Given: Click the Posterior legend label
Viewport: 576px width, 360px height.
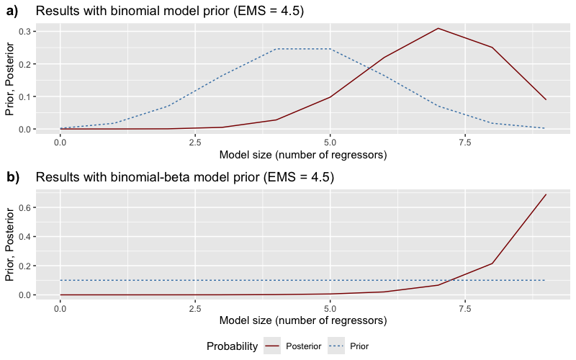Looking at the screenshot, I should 304,346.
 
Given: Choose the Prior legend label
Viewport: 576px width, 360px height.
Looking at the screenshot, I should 359,346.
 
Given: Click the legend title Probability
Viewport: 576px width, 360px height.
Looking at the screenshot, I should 232,346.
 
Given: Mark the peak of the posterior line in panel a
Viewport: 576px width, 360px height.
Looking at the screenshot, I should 438,28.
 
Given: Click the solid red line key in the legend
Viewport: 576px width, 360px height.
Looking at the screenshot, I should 273,346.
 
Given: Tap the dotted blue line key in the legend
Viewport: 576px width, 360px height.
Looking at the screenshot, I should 336,346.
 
